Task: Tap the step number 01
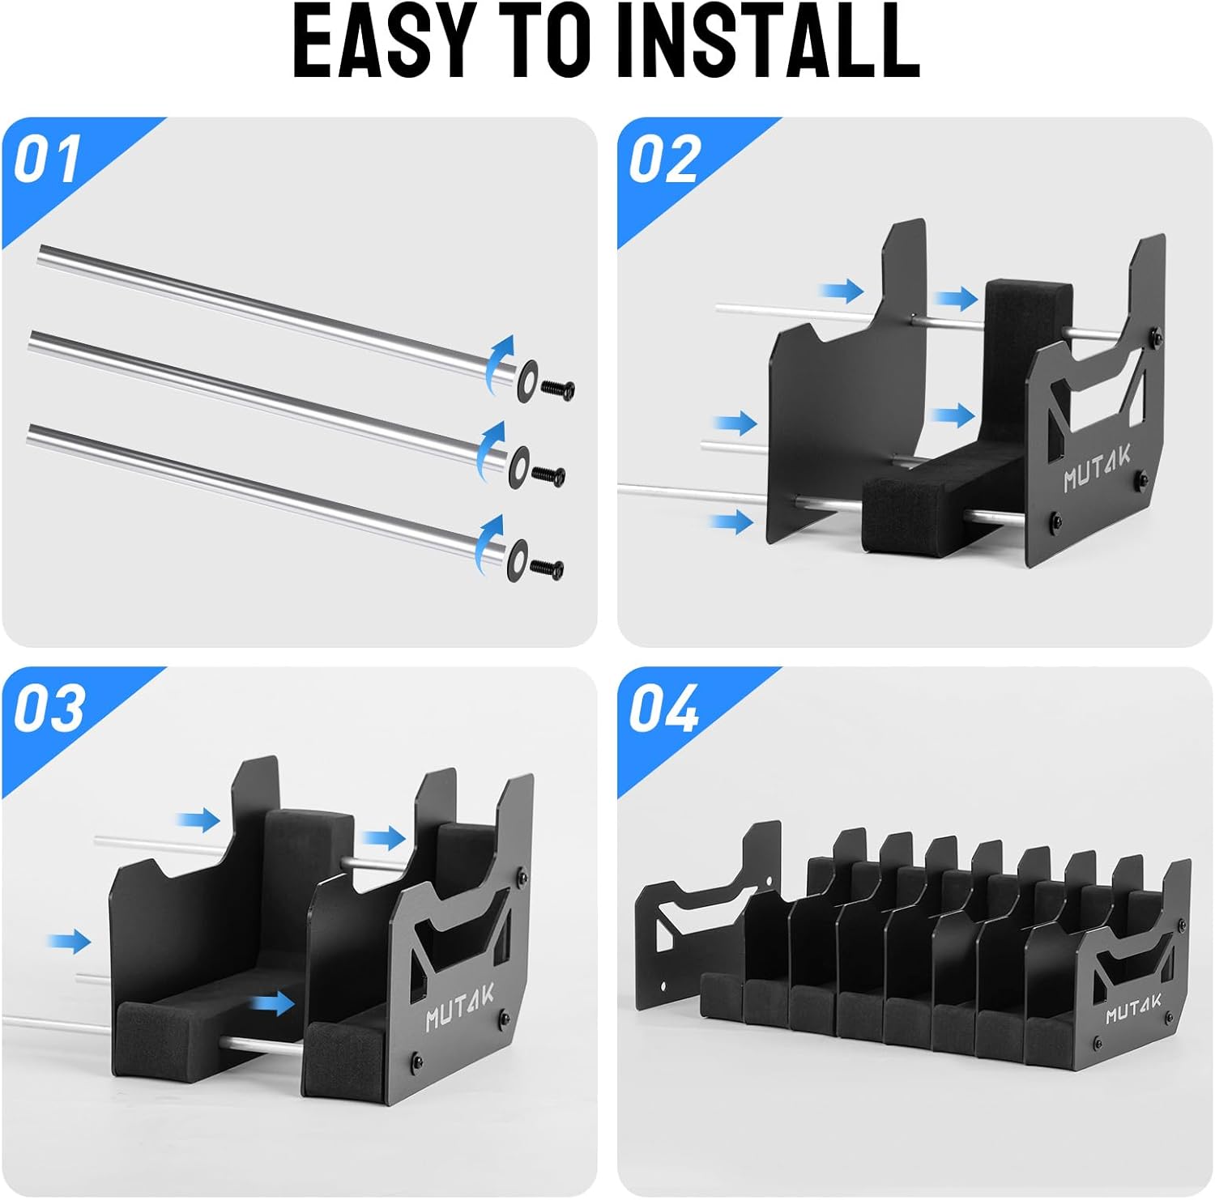[x=47, y=160]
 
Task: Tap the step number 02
[x=663, y=160]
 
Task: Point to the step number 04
[x=663, y=709]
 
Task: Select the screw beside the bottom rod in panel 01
[x=548, y=569]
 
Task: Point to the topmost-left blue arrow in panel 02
[x=842, y=291]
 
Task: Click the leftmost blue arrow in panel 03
[x=69, y=941]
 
